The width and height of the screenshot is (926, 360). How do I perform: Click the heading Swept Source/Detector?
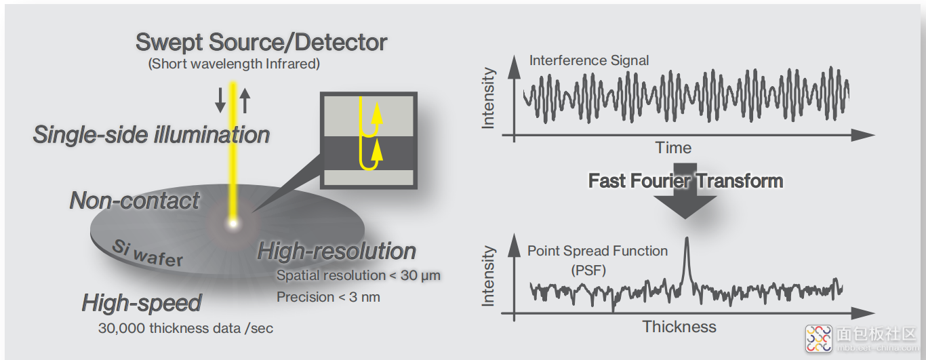pos(261,43)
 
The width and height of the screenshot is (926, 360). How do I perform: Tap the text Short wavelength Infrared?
pos(234,64)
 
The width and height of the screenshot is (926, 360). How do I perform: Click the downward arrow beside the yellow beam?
pos(220,100)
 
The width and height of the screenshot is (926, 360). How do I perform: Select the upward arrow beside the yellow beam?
pos(245,100)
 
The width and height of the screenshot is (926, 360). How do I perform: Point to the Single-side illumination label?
pos(151,135)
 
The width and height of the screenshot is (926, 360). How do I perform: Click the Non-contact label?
pos(135,201)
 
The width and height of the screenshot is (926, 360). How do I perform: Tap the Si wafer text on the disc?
pos(148,254)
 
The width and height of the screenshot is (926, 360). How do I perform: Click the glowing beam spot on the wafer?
pos(233,224)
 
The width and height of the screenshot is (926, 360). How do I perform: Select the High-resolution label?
pos(336,252)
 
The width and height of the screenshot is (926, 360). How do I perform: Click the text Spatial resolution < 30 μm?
pos(359,275)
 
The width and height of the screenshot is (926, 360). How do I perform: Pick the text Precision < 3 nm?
pos(328,297)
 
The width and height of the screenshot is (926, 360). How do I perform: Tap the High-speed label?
pos(142,303)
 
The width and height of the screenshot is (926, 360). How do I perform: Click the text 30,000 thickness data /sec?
pos(186,328)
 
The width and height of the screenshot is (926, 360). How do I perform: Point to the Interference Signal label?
pos(589,60)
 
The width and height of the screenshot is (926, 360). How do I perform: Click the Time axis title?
pos(673,148)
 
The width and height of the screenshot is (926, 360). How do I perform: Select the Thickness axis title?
pos(679,327)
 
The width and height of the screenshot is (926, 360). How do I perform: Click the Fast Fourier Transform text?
pos(686,180)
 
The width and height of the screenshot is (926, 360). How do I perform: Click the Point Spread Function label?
pos(597,251)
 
